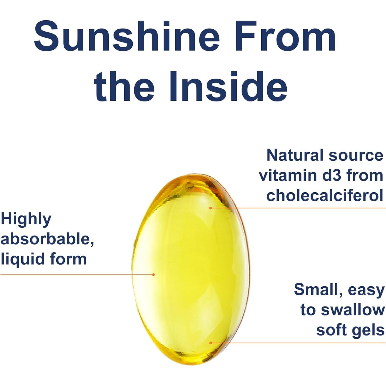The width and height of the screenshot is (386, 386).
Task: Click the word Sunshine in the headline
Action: tap(126, 36)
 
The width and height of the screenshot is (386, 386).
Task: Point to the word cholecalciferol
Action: tap(325, 195)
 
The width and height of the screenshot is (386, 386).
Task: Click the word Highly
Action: tap(26, 219)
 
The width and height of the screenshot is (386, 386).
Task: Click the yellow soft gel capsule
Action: tap(191, 268)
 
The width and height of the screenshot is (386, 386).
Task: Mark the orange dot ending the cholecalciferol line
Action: tap(211, 208)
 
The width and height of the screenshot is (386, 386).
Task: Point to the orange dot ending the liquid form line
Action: tap(153, 275)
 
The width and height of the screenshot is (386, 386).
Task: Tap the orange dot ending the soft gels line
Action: tap(211, 343)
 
